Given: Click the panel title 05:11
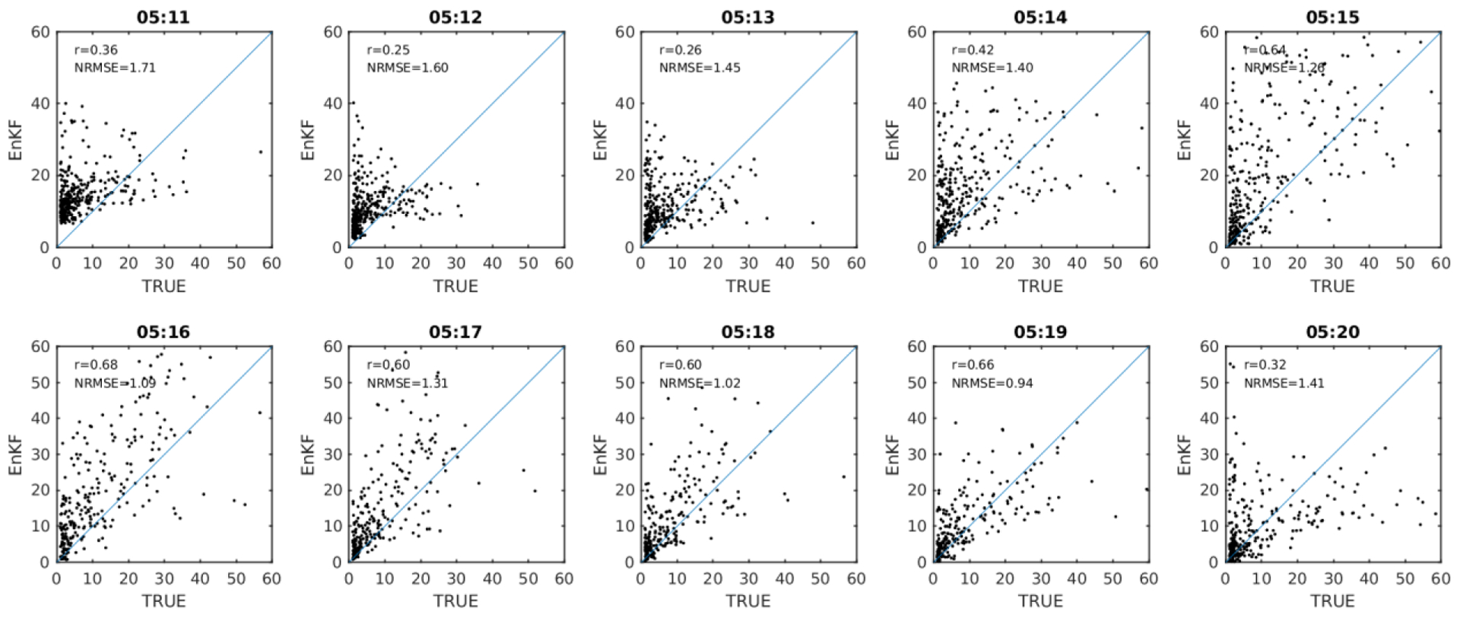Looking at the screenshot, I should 163,17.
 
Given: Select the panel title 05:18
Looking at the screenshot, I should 747,332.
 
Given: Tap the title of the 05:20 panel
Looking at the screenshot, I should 1332,332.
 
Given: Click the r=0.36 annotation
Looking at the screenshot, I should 96,50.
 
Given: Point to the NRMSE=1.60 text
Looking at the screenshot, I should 408,68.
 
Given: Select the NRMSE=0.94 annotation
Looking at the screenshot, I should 992,383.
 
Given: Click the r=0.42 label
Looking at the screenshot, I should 973,50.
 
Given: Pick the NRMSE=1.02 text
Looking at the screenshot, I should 700,383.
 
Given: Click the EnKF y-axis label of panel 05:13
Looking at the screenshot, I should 601,140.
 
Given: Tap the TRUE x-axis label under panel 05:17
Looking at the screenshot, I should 455,601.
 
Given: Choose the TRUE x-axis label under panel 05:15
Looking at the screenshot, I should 1332,286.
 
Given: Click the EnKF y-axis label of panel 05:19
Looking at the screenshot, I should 893,455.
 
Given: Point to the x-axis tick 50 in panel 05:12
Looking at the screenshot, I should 528,263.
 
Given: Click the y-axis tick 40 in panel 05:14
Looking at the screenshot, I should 917,104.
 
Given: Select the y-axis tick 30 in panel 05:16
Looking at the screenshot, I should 40,454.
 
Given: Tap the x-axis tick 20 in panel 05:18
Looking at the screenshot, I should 713,578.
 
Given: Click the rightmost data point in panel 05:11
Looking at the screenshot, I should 261,151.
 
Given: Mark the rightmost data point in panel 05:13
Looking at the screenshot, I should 813,223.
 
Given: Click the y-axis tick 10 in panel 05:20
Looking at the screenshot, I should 1209,526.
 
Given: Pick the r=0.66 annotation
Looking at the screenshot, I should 973,365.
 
